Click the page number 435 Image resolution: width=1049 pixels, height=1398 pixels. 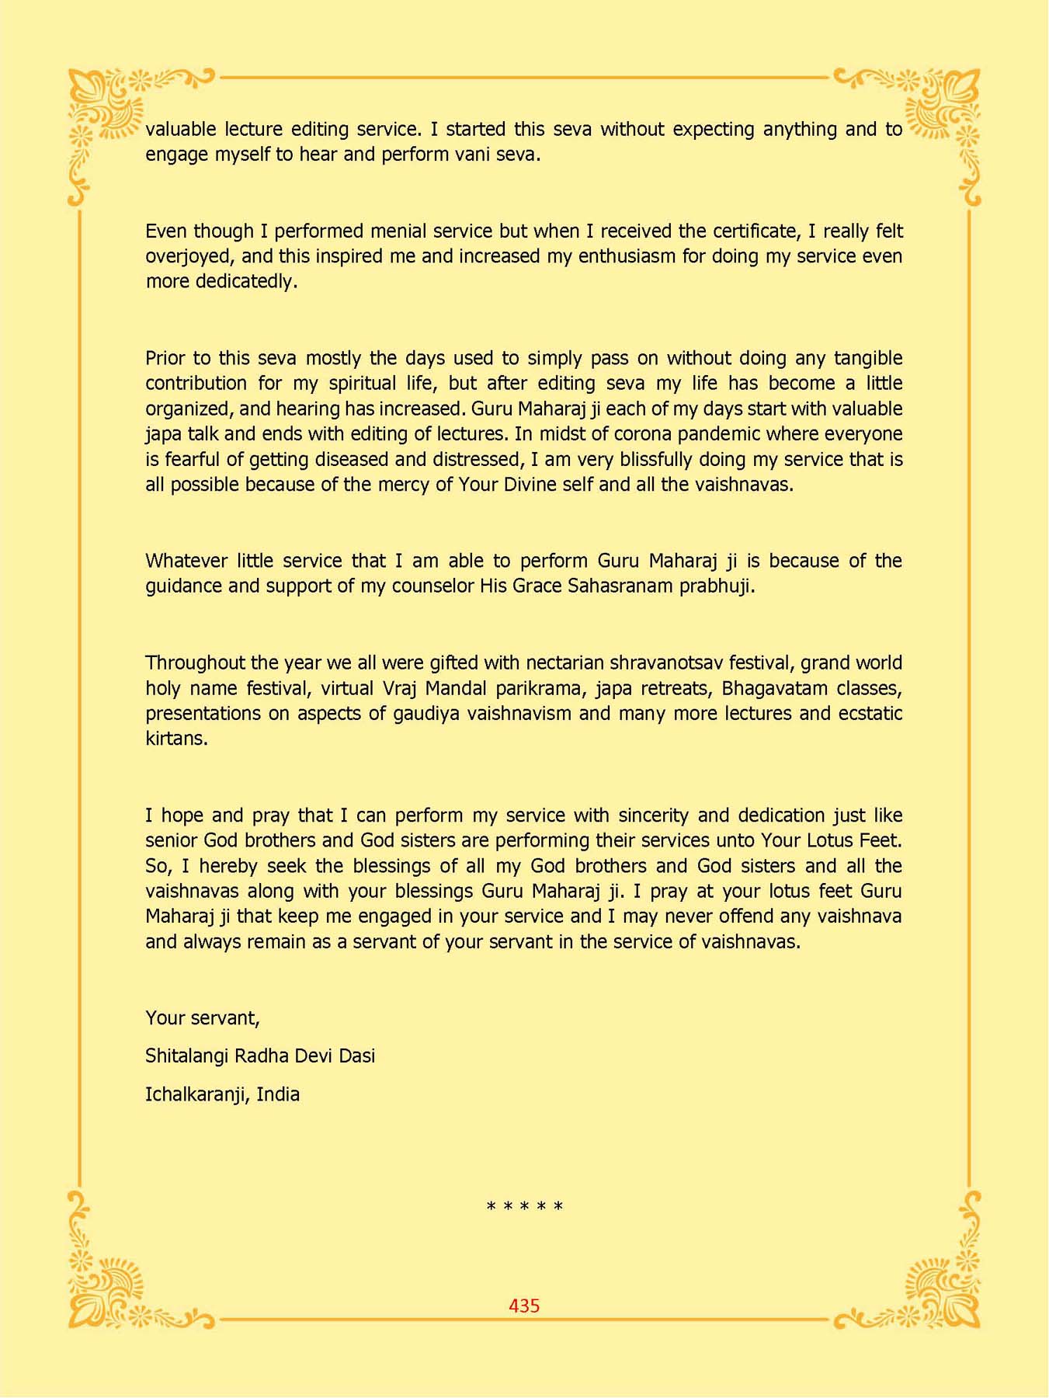524,1306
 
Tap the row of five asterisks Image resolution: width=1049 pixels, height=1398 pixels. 524,1207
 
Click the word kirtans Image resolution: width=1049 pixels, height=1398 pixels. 176,739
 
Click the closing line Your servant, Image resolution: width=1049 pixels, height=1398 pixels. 203,1018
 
